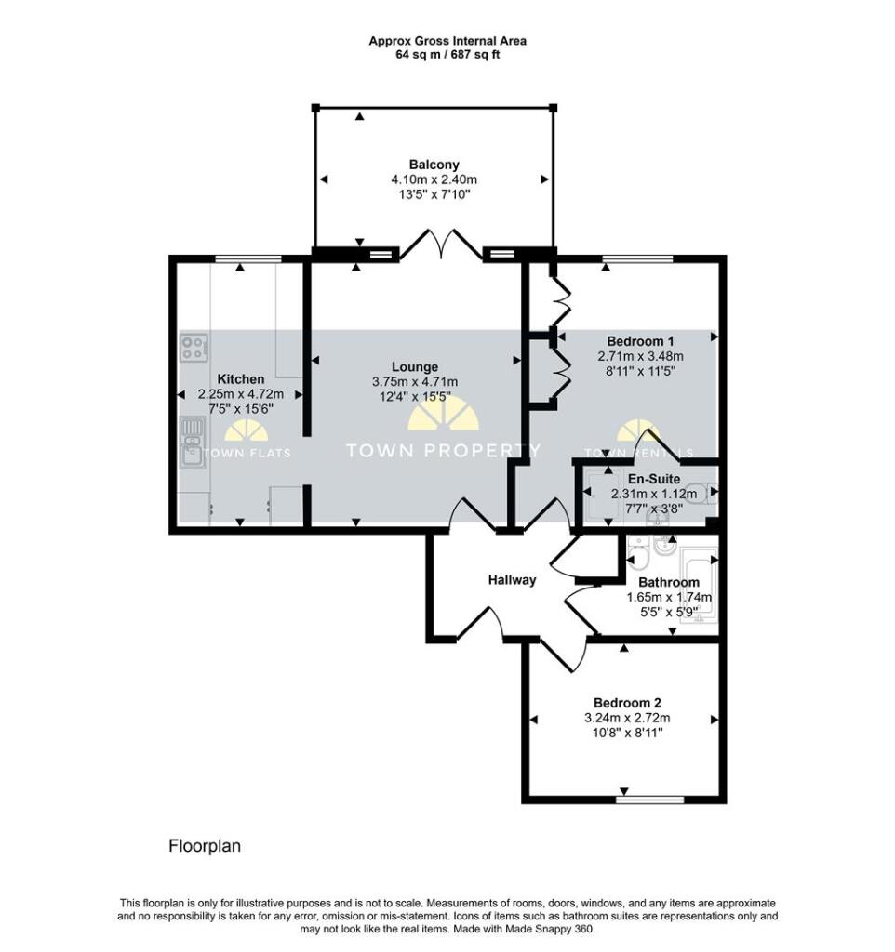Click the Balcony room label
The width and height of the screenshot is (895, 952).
click(x=434, y=165)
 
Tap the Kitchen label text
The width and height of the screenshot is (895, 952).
click(x=241, y=379)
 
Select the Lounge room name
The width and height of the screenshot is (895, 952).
click(x=415, y=366)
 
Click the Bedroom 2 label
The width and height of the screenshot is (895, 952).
click(x=627, y=703)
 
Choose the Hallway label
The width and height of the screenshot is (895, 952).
click(x=513, y=580)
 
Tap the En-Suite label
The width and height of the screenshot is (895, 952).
click(x=654, y=479)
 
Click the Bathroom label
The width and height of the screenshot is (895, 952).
click(x=669, y=582)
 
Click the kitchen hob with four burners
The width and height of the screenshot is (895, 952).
click(x=194, y=348)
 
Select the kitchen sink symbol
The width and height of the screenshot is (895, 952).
click(x=194, y=443)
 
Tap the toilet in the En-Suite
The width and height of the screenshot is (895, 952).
click(x=708, y=493)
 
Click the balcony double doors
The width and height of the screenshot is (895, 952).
click(x=441, y=245)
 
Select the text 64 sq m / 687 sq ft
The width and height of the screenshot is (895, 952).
click(x=447, y=55)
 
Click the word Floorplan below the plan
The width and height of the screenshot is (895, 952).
click(x=205, y=846)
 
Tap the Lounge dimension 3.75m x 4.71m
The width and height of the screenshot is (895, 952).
click(x=415, y=382)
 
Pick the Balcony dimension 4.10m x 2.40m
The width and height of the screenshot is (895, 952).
click(x=434, y=179)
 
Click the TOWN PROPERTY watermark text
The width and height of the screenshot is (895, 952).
click(x=442, y=451)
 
